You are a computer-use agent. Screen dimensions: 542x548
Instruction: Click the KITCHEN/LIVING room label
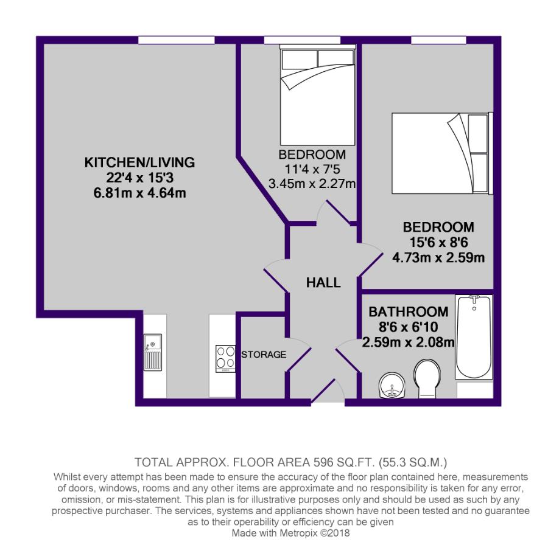pyautogui.click(x=139, y=162)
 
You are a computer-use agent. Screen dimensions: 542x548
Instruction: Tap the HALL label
pyautogui.click(x=323, y=282)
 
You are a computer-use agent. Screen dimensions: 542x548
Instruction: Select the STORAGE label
pyautogui.click(x=264, y=354)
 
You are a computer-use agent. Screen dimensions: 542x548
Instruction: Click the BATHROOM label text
pyautogui.click(x=408, y=311)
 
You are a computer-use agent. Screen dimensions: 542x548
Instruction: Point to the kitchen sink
pyautogui.click(x=152, y=353)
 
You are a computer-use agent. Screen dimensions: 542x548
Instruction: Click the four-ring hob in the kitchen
pyautogui.click(x=226, y=358)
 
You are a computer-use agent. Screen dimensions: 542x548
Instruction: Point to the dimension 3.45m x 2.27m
pyautogui.click(x=312, y=182)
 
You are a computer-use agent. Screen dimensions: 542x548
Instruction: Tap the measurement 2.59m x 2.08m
pyautogui.click(x=408, y=342)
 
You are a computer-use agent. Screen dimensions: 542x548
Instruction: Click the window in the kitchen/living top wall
pyautogui.click(x=176, y=40)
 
